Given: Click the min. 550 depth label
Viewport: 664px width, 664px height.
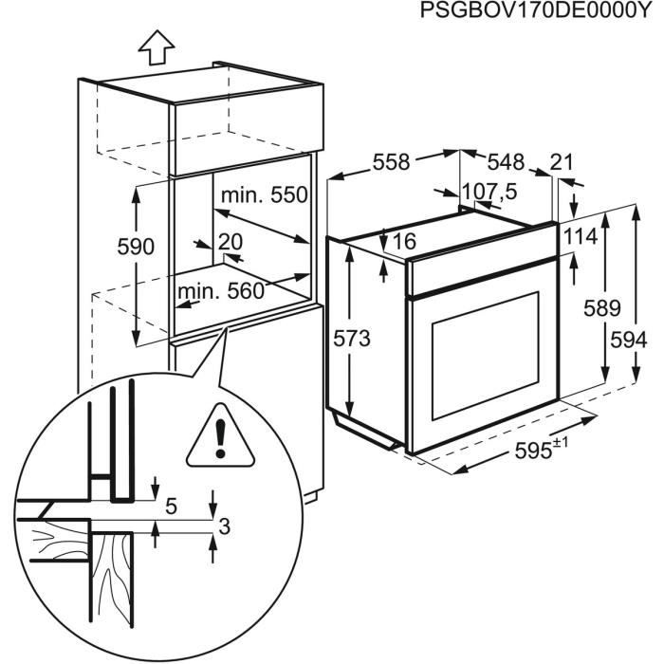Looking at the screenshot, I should pos(264,195).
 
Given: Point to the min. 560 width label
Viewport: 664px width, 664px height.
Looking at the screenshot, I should pos(218,291).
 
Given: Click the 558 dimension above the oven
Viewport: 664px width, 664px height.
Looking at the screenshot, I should pos(390,162).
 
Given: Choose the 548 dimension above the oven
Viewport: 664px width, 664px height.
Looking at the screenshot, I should pos(507,162).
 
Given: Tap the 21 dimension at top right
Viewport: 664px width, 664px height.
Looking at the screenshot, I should pos(562,162).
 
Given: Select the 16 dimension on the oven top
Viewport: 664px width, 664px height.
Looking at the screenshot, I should pos(403,241).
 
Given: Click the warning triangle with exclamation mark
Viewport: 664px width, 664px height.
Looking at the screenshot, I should pos(219,442).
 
